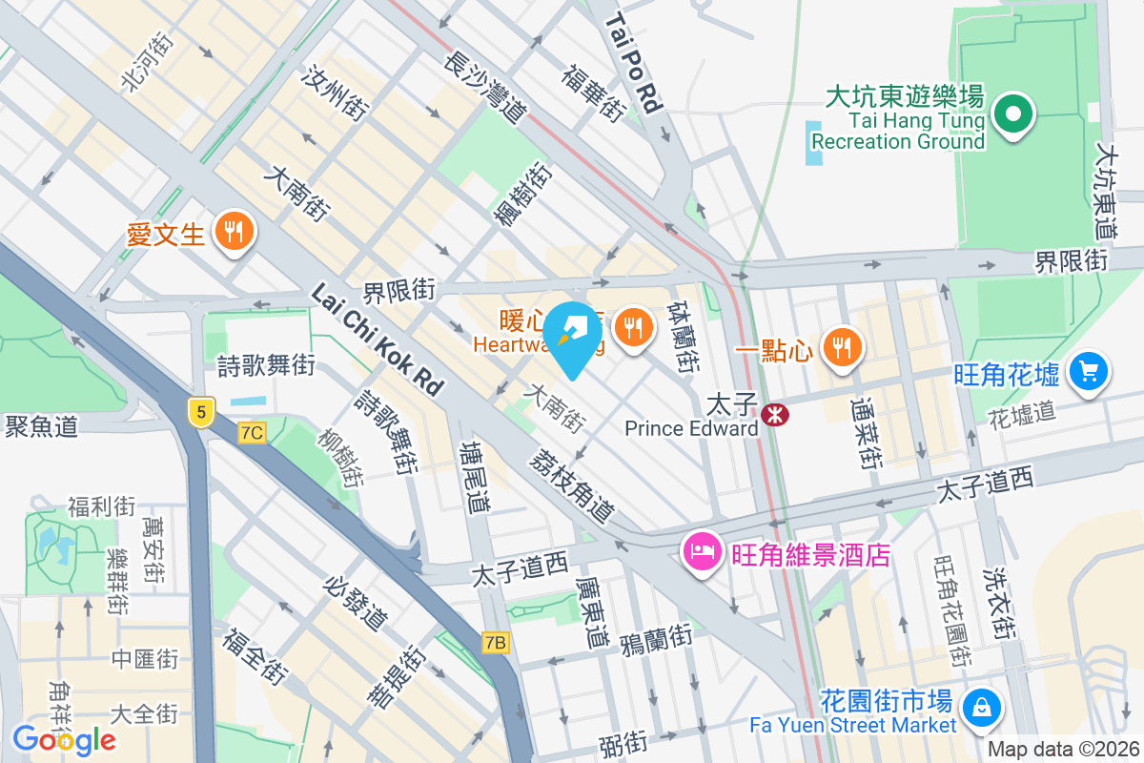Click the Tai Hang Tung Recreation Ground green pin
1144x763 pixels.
click(1013, 115)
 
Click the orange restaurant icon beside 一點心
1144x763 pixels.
click(840, 347)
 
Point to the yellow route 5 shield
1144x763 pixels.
click(199, 411)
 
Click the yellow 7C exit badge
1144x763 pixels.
click(252, 433)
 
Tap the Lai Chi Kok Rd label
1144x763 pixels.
click(378, 340)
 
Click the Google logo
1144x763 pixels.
click(64, 739)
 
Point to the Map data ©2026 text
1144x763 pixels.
click(1061, 750)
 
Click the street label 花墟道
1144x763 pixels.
click(1022, 413)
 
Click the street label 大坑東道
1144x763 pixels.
click(1107, 191)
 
